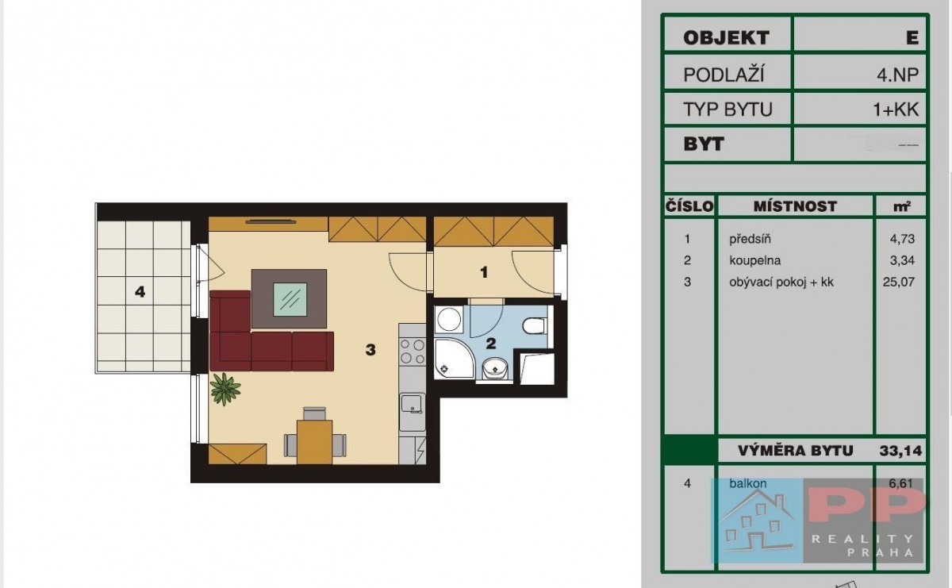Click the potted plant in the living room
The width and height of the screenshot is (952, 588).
[x=225, y=389]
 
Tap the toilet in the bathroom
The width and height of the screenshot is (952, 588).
[x=534, y=326]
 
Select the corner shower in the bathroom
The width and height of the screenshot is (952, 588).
[x=454, y=358]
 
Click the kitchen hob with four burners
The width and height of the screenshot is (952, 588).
[x=413, y=352]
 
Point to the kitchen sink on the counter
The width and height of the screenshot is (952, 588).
[x=412, y=405]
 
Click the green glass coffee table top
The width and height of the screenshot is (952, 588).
[x=290, y=300]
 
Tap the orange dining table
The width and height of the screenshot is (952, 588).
[x=314, y=442]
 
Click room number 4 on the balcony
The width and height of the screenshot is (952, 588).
[x=140, y=292]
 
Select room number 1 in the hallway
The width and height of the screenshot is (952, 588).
[x=484, y=272]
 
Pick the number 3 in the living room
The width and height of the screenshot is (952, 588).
[x=370, y=350]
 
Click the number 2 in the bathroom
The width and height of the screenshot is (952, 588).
[x=491, y=344]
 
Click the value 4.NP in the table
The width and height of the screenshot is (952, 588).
[x=897, y=75]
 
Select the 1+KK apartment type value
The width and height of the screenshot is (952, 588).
[x=896, y=110]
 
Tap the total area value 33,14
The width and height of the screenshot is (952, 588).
[x=900, y=451]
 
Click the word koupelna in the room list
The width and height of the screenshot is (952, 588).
[x=754, y=260]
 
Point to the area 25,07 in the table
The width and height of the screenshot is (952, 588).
[x=898, y=282]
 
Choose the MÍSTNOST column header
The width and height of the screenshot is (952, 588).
[x=795, y=206]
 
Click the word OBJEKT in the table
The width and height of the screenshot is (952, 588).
[x=727, y=38]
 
